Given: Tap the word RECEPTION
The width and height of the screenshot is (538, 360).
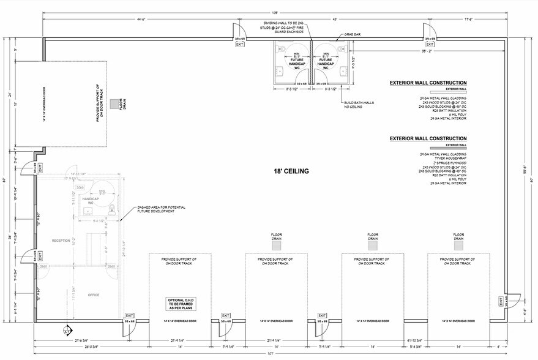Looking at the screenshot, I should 62,241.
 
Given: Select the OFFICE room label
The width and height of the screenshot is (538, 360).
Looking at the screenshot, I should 93,295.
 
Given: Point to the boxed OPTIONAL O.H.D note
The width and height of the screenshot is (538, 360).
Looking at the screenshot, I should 181,304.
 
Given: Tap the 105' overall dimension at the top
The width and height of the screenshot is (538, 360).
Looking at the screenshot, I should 275,12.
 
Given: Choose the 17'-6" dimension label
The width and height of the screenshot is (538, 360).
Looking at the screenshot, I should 469,20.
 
